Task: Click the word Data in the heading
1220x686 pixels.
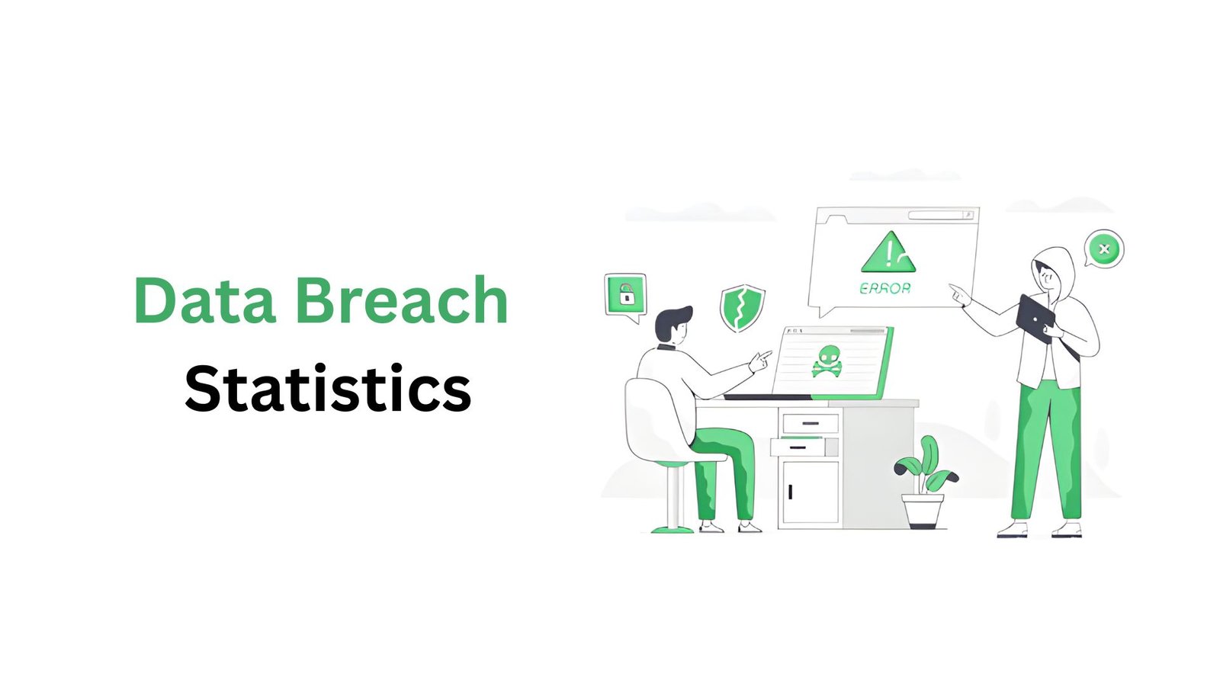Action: click(x=205, y=300)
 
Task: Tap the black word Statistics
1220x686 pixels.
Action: click(x=328, y=388)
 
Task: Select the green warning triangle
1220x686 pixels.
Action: click(x=888, y=252)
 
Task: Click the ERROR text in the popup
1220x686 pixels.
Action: click(x=885, y=288)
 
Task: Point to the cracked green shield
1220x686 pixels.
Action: click(x=743, y=308)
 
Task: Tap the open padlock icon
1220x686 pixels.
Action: click(x=626, y=294)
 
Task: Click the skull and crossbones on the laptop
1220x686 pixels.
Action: click(x=827, y=361)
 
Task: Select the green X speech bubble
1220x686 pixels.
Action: click(x=1103, y=249)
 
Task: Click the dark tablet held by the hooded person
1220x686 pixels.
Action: click(x=1036, y=318)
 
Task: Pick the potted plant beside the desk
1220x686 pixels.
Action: click(x=926, y=482)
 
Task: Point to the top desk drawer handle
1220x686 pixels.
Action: click(x=811, y=423)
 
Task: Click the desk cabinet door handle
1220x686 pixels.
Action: click(x=790, y=491)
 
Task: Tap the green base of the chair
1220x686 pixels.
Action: click(x=673, y=529)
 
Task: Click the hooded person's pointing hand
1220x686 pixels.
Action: click(x=960, y=294)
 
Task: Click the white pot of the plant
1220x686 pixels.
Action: click(x=923, y=511)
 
